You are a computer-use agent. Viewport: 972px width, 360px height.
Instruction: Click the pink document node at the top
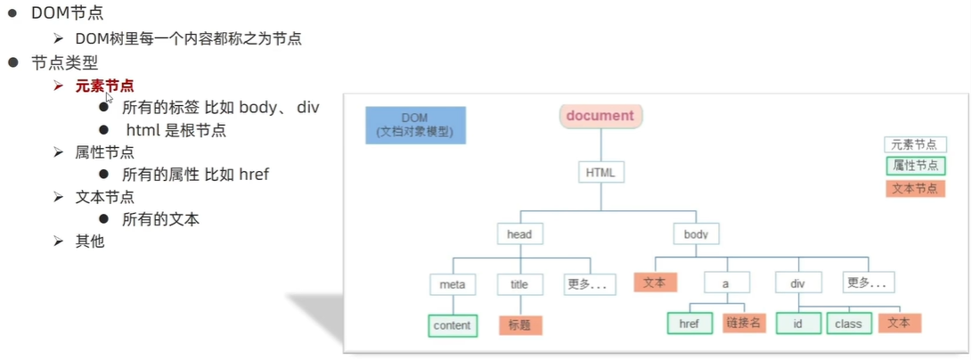pyautogui.click(x=600, y=116)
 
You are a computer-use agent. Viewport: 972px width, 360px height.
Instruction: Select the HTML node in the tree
pyautogui.click(x=600, y=171)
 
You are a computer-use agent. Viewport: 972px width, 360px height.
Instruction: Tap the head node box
pyautogui.click(x=519, y=234)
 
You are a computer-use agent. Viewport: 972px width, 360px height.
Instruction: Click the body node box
pyautogui.click(x=695, y=234)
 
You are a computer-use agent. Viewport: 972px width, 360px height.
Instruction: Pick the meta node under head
pyautogui.click(x=453, y=284)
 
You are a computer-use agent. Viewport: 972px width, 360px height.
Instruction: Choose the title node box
pyautogui.click(x=519, y=284)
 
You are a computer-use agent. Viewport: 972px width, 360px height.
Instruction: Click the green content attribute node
pyautogui.click(x=452, y=325)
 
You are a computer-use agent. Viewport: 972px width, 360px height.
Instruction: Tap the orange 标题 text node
pyautogui.click(x=519, y=325)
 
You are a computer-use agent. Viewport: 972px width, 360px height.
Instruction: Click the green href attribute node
pyautogui.click(x=689, y=323)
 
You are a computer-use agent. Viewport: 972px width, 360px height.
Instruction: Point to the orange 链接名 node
pyautogui.click(x=744, y=323)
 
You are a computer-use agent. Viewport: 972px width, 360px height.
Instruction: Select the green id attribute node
pyautogui.click(x=797, y=323)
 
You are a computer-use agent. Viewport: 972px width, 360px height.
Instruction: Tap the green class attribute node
pyautogui.click(x=848, y=323)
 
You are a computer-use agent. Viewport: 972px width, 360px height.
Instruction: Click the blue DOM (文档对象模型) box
pyautogui.click(x=414, y=126)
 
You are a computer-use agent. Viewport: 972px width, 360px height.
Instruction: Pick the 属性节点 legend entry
pyautogui.click(x=915, y=166)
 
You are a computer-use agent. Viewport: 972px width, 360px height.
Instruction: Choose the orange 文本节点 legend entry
pyautogui.click(x=915, y=188)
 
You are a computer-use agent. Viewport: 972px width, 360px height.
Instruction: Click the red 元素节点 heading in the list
pyautogui.click(x=105, y=86)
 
